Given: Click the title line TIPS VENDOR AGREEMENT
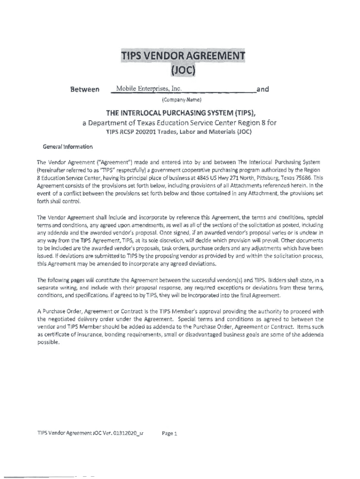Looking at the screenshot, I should pos(183,56).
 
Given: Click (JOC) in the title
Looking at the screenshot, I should pos(182,71).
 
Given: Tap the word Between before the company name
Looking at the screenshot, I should pos(84,89).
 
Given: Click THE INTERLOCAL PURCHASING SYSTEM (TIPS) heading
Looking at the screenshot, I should pos(180,113).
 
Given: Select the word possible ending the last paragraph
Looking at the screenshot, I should pos(48,342).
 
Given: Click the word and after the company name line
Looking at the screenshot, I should pos(263,89).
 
